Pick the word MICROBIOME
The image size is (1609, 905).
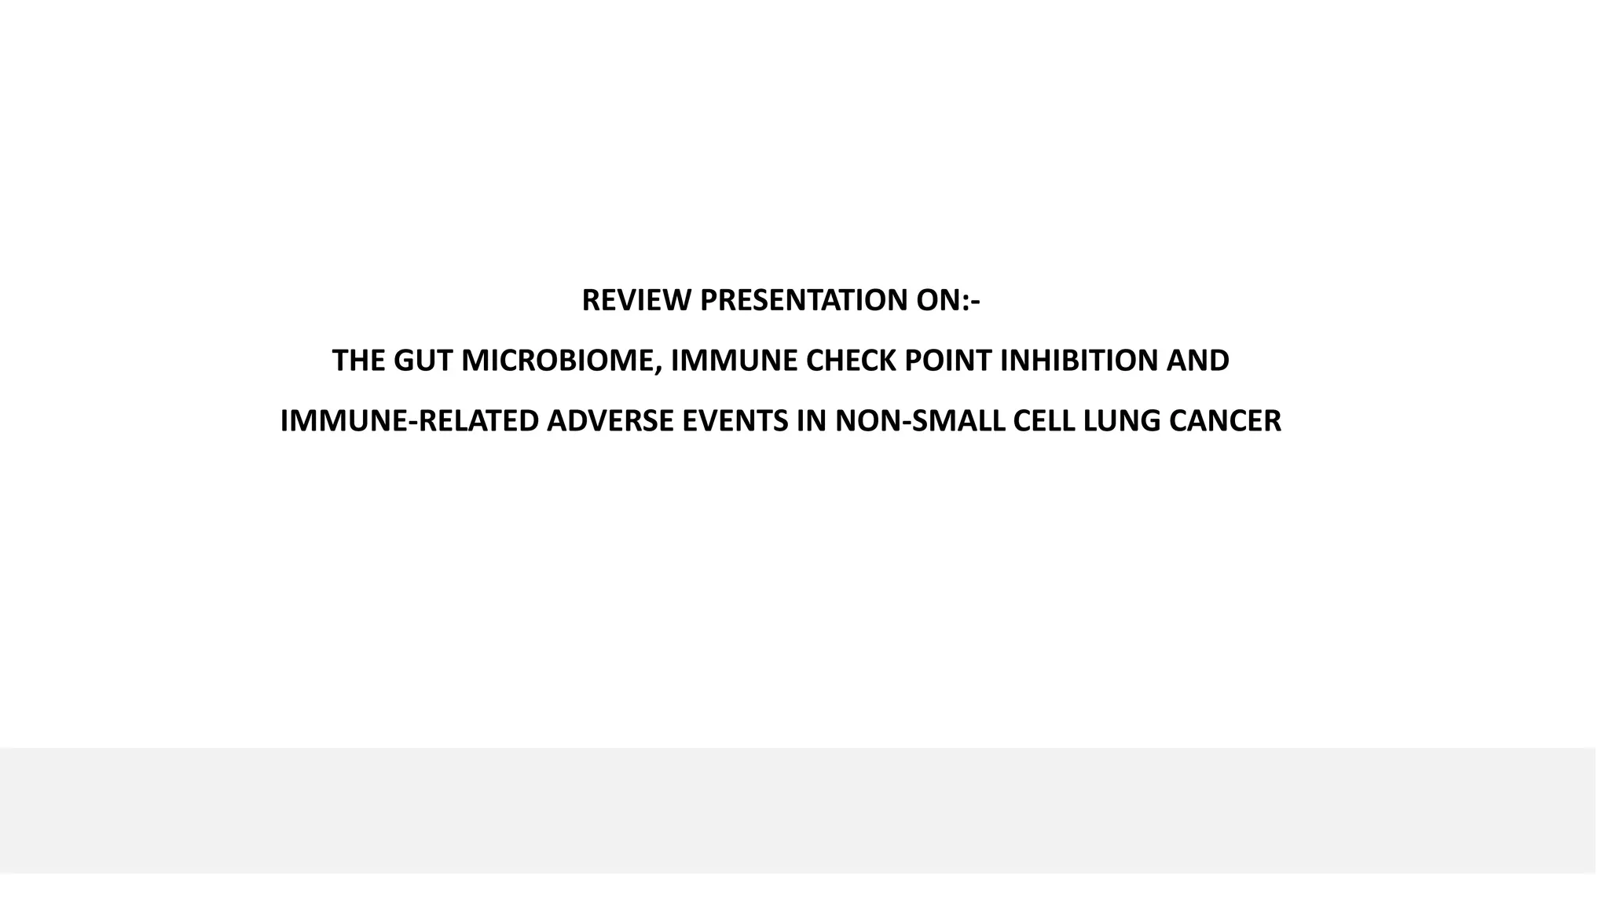558,361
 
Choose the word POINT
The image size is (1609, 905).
949,361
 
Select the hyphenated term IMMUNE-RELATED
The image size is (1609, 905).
409,421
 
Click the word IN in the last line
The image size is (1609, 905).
812,421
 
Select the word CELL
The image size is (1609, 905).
1045,421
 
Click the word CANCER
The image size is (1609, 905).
1225,421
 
